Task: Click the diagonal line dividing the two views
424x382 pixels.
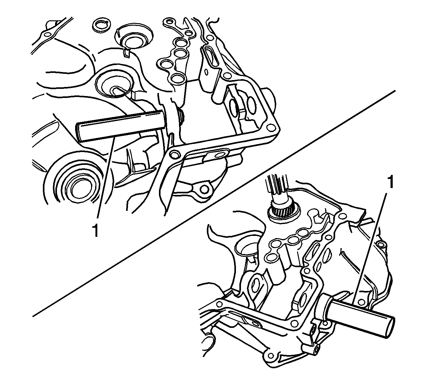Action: (213, 204)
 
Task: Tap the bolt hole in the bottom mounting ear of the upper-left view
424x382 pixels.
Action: (204, 189)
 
